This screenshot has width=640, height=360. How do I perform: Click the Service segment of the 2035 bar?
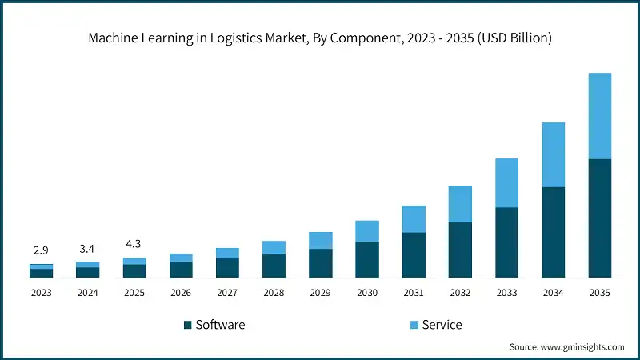[x=599, y=116]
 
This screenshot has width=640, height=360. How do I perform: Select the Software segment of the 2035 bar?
[x=599, y=218]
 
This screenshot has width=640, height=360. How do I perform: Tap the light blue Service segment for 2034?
[x=553, y=154]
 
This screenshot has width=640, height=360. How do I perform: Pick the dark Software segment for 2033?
[x=506, y=242]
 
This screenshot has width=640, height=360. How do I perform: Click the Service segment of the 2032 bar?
[x=460, y=204]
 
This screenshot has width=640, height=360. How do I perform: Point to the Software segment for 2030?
[x=367, y=259]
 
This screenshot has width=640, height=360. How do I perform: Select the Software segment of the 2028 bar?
[x=274, y=266]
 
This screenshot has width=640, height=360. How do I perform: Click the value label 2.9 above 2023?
[x=41, y=250]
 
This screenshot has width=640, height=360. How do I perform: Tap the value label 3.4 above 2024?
[x=87, y=249]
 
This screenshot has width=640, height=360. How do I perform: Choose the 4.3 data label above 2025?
[x=134, y=244]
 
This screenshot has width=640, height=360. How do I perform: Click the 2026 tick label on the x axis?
[x=181, y=293]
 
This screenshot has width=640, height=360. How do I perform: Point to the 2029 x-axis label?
[x=320, y=293]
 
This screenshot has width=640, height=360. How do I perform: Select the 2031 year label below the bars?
[x=414, y=293]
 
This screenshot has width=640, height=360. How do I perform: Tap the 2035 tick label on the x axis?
[x=599, y=293]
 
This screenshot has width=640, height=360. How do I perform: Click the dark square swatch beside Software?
[x=188, y=325]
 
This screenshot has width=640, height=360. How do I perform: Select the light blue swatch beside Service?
[x=414, y=325]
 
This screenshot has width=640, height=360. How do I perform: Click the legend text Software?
[x=220, y=325]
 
